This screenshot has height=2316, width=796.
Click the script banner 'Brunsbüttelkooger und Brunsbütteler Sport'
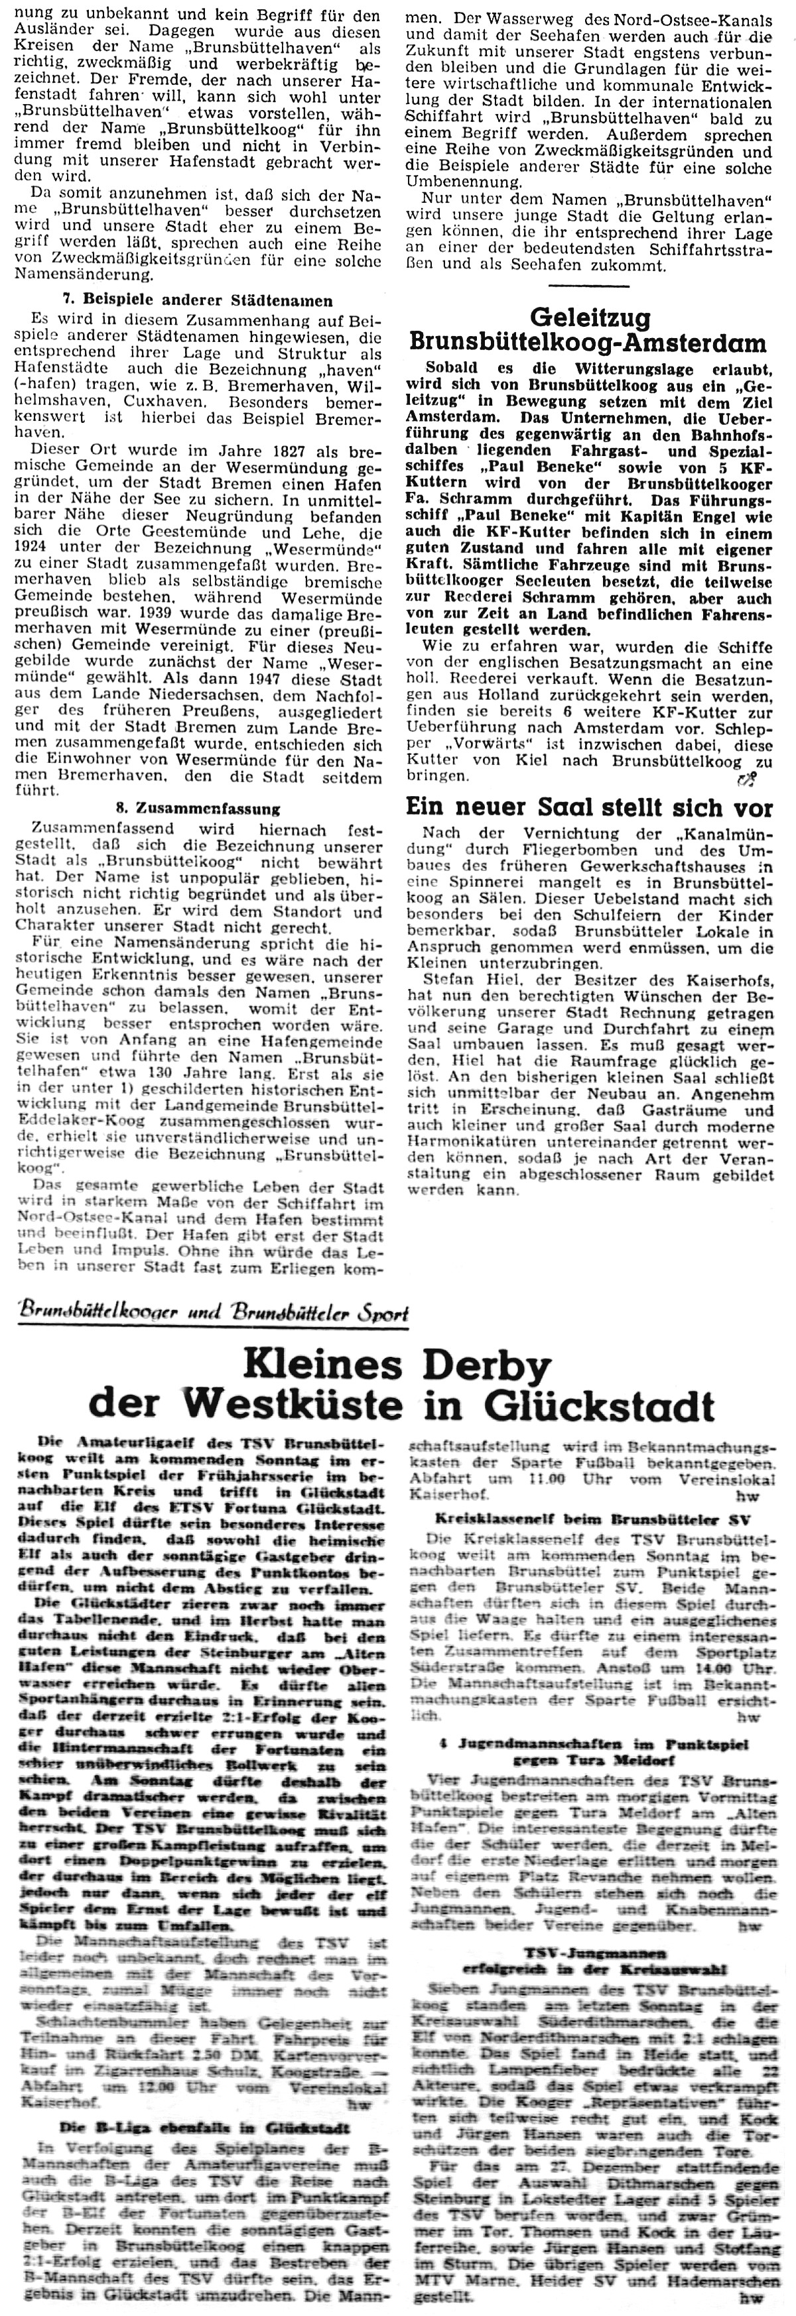(213, 1314)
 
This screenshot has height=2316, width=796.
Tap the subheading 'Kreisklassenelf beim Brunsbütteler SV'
(589, 1519)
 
